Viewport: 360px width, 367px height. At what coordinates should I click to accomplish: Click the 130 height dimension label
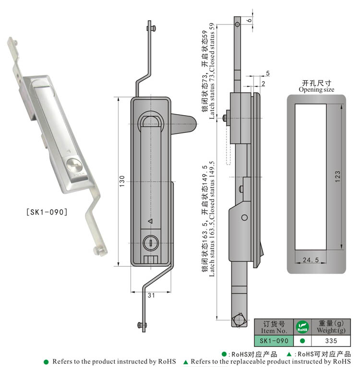(x=122, y=181)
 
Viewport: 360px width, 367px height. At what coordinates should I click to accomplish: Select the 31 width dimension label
(x=151, y=296)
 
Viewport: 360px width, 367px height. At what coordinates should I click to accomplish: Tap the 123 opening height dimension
(x=337, y=177)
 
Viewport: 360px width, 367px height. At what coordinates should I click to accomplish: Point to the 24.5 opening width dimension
(x=311, y=260)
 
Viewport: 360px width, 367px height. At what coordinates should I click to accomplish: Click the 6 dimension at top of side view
(x=250, y=20)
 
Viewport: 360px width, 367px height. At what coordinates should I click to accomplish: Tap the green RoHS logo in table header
(x=302, y=327)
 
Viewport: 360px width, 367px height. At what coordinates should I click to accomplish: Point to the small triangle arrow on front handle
(x=150, y=221)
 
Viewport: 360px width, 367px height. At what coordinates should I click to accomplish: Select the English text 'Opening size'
(x=316, y=89)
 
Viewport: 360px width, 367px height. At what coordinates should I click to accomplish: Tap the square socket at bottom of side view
(x=239, y=320)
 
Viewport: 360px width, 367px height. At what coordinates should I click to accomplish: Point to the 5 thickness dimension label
(x=267, y=73)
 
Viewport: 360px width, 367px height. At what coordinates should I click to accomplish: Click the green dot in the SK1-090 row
(x=302, y=341)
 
